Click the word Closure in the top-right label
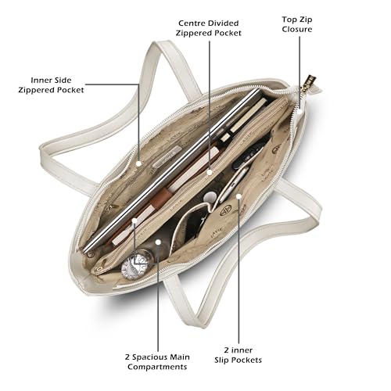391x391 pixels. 297,29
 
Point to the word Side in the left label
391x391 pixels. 63,80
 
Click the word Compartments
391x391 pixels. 157,367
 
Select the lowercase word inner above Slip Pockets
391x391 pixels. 242,350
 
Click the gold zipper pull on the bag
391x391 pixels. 310,82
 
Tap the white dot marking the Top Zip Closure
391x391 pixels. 300,112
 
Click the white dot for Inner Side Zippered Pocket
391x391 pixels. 139,163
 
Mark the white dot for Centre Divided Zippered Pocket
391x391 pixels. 210,172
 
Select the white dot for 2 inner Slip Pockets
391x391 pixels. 239,196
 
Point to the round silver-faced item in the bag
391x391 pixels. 135,264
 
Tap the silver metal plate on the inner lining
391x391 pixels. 167,156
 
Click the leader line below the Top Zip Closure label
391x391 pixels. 300,73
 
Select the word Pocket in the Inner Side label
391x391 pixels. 71,90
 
